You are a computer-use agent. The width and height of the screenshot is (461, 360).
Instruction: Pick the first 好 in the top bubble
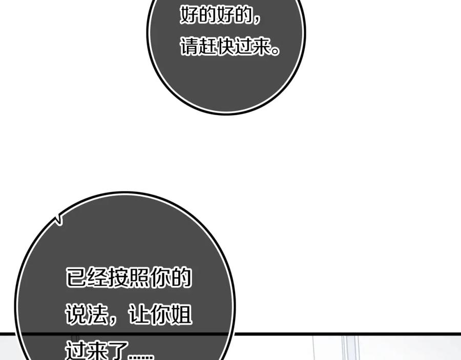tap(190, 15)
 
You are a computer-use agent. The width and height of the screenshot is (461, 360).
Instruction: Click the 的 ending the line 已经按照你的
tap(181, 278)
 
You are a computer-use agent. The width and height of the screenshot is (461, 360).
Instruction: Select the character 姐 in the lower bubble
tap(181, 314)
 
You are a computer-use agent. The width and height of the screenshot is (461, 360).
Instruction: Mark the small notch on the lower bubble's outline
tap(59, 219)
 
